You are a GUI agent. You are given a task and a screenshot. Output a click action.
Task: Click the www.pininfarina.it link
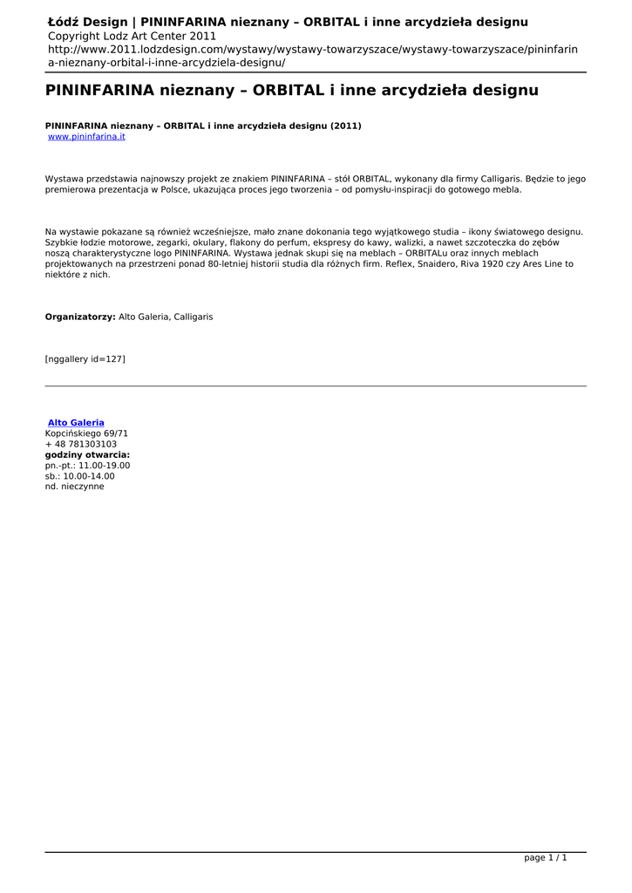coord(86,137)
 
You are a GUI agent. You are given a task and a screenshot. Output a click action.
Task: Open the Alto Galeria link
coord(76,423)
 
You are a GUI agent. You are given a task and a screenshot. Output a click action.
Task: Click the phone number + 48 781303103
coord(81,444)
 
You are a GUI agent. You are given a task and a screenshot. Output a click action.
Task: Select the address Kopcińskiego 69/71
coord(86,433)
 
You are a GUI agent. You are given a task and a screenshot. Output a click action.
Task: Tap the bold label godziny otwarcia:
coord(87,454)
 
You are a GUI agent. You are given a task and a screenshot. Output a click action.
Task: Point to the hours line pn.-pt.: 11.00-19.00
coord(87,466)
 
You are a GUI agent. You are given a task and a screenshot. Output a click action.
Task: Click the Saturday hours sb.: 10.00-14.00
coord(79,476)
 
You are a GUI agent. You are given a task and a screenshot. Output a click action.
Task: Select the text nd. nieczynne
coord(74,487)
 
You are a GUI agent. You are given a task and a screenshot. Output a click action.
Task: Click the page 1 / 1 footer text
coord(545,858)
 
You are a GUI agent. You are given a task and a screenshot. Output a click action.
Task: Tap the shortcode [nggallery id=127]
coord(85,358)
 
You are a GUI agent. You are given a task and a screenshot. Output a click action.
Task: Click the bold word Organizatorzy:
coord(80,317)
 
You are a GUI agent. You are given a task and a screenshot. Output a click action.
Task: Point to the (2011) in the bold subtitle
coord(345,126)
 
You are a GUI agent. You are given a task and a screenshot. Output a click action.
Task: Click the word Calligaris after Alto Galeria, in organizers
coord(193,317)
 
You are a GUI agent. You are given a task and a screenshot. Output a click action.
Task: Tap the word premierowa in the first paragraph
coord(71,189)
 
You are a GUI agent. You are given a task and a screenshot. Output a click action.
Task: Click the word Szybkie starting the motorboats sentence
coord(62,242)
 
